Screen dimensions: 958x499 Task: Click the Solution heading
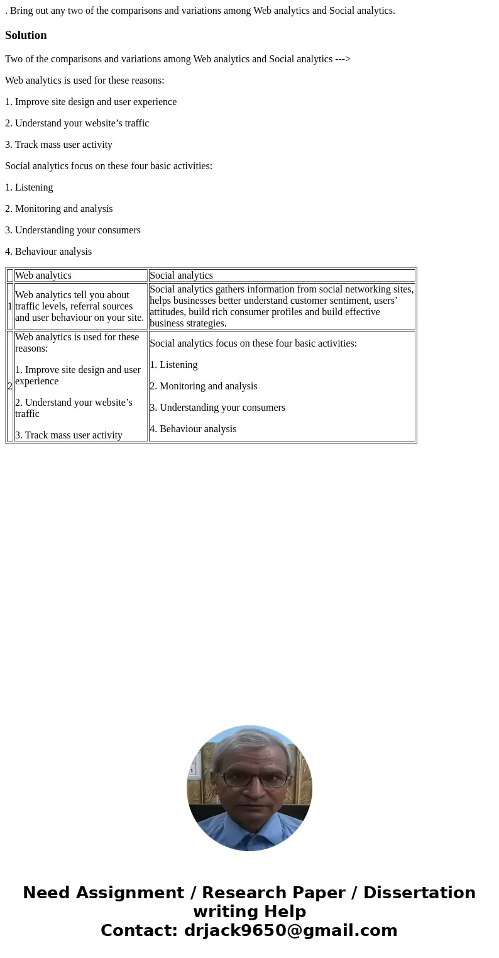click(x=26, y=35)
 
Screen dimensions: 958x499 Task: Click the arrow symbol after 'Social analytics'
click(x=343, y=59)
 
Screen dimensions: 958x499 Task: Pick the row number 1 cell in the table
click(x=10, y=306)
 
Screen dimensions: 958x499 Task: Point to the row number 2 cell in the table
click(x=10, y=386)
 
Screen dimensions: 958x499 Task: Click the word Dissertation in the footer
click(x=419, y=893)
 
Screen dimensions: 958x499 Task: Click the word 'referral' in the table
click(x=87, y=306)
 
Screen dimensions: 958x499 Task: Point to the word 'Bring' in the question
click(x=22, y=11)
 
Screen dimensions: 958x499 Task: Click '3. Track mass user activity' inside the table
click(x=69, y=435)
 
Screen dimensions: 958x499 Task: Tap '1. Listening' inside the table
click(x=173, y=365)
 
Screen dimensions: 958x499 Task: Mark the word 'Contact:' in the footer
click(x=140, y=930)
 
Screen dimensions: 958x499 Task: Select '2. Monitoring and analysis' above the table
click(x=59, y=209)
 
